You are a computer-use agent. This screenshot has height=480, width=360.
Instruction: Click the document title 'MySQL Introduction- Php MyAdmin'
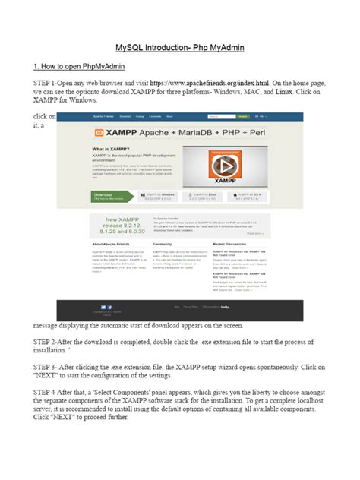(179, 49)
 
